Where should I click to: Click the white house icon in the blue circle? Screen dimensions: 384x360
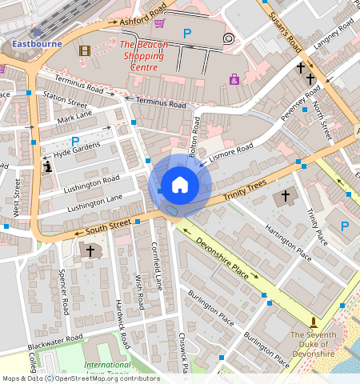tap(180, 185)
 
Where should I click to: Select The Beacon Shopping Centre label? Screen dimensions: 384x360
tap(144, 56)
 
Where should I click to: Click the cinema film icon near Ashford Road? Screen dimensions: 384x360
tap(86, 50)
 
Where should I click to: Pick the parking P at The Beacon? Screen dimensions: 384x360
tap(187, 34)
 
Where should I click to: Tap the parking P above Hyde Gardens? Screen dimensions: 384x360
tap(74, 141)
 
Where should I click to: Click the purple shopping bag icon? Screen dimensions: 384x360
tap(234, 79)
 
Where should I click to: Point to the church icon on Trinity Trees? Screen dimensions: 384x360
tap(284, 197)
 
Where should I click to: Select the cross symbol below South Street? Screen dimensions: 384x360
tap(90, 251)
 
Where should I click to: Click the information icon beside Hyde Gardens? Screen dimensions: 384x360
tap(48, 166)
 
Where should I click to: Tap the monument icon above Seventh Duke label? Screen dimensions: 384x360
tap(313, 320)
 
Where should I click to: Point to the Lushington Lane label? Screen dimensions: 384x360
tap(94, 202)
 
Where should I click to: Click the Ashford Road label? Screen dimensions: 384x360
tap(142, 14)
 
